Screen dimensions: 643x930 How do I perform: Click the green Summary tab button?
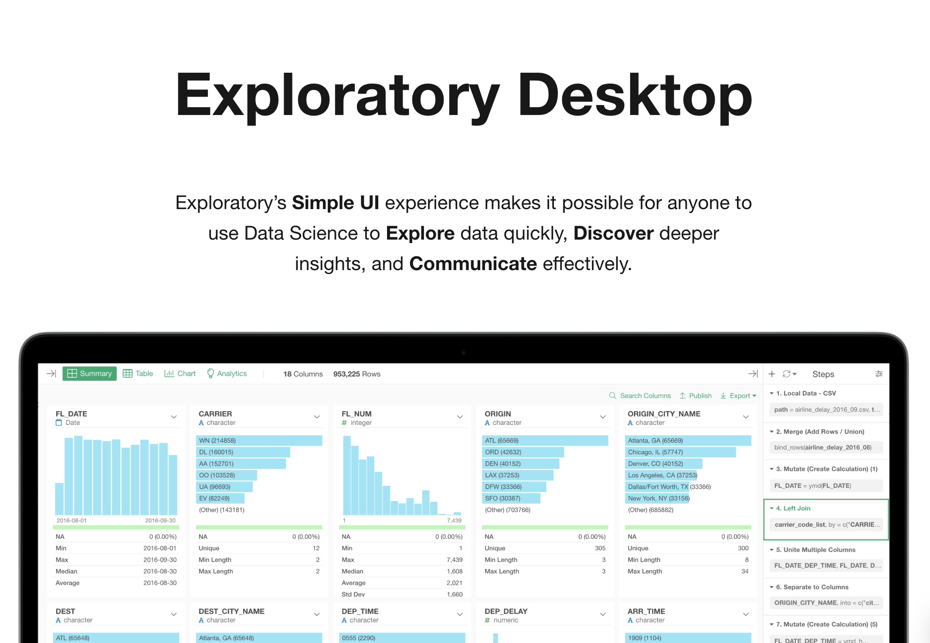(x=89, y=374)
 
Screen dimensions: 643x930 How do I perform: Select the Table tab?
(x=138, y=374)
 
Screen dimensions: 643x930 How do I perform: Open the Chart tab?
(x=180, y=374)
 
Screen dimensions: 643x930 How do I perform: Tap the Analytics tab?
(x=227, y=374)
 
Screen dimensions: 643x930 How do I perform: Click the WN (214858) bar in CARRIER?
(x=259, y=440)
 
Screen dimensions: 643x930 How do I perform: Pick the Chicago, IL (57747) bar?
(x=680, y=452)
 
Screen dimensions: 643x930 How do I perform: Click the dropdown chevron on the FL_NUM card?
(x=460, y=417)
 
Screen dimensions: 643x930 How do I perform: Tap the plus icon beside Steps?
(x=772, y=374)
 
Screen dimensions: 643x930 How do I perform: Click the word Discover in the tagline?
(x=613, y=234)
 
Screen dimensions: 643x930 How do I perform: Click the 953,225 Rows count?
(x=356, y=374)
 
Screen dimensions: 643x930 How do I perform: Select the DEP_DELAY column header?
(x=506, y=611)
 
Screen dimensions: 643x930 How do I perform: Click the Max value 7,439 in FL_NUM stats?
(x=454, y=560)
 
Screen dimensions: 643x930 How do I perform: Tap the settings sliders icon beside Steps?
(x=879, y=374)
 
